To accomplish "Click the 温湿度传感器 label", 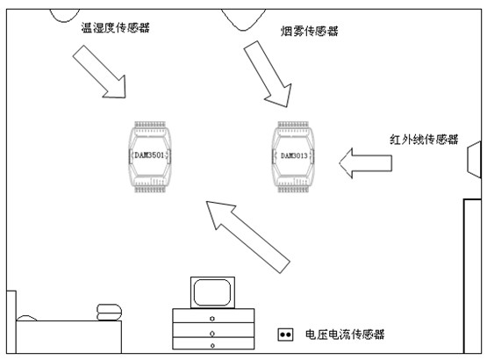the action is coord(115,28).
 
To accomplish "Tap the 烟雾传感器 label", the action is coord(310,31).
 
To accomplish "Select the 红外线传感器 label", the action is coord(424,140).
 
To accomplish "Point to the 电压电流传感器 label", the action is coord(345,335).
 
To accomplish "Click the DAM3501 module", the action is coord(150,157).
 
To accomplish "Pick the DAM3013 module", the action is coord(293,157).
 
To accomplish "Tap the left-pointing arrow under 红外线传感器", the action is coord(366,163).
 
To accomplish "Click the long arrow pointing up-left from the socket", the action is coord(247,236).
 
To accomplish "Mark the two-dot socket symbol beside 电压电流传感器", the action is coord(285,335).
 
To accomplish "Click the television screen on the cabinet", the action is coord(212,292).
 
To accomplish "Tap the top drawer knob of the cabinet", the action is coord(212,319).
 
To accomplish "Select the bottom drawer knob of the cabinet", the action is coord(212,345).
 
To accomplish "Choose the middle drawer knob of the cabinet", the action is coord(212,334).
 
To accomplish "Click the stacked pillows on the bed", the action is coord(109,312).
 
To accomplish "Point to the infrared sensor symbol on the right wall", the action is coord(474,160).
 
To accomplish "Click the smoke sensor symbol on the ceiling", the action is coord(244,20).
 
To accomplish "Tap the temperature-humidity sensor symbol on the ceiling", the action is coord(65,16).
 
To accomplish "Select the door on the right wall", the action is coord(472,276).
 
